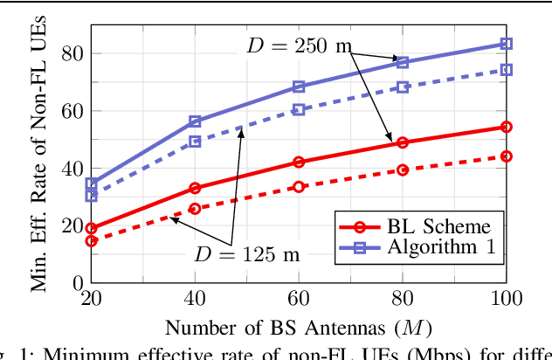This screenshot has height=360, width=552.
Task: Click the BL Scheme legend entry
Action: (x=415, y=223)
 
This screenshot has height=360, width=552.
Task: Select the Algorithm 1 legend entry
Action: (x=415, y=248)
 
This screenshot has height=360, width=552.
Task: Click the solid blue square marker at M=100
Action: (x=506, y=44)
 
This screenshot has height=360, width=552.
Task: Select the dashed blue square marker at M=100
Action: (x=506, y=70)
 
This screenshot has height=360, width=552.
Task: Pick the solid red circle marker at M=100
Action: (x=506, y=127)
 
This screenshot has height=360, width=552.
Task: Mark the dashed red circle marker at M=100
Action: (x=506, y=156)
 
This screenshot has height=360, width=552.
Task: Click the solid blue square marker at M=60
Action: (x=299, y=87)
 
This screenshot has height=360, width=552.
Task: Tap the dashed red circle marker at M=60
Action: (x=299, y=187)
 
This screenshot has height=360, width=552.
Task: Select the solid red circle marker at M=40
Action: (x=195, y=188)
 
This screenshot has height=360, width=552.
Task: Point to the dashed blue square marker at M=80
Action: (x=403, y=87)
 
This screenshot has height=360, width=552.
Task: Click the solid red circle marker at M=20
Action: (x=92, y=228)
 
